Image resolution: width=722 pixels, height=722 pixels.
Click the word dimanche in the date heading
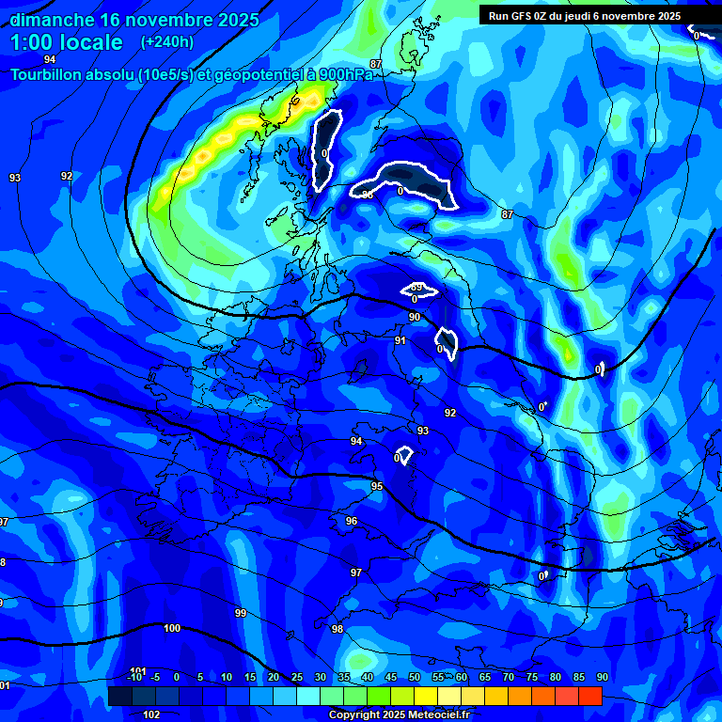(x=51, y=20)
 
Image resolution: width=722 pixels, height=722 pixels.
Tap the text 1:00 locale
(x=67, y=42)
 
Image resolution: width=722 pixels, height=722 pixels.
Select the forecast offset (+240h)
(x=167, y=41)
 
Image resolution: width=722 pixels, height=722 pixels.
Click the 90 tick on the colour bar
(x=602, y=677)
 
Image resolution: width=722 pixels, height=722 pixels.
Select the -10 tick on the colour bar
(x=133, y=677)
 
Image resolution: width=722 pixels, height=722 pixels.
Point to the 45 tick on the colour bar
(x=390, y=677)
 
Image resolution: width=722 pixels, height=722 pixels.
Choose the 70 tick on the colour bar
(x=508, y=677)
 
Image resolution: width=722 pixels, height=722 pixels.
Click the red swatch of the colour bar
(x=589, y=696)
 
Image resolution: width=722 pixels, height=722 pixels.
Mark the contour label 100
(x=172, y=628)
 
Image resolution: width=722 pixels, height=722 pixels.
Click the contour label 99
(x=241, y=613)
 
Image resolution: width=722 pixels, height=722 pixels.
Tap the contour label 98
(x=337, y=629)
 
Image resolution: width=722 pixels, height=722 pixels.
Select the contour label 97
(x=356, y=573)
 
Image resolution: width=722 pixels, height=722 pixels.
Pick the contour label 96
(x=352, y=521)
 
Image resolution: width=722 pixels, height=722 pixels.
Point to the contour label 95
(x=377, y=486)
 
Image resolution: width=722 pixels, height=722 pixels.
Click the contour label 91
(x=400, y=340)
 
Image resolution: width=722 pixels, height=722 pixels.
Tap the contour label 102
(x=151, y=714)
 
